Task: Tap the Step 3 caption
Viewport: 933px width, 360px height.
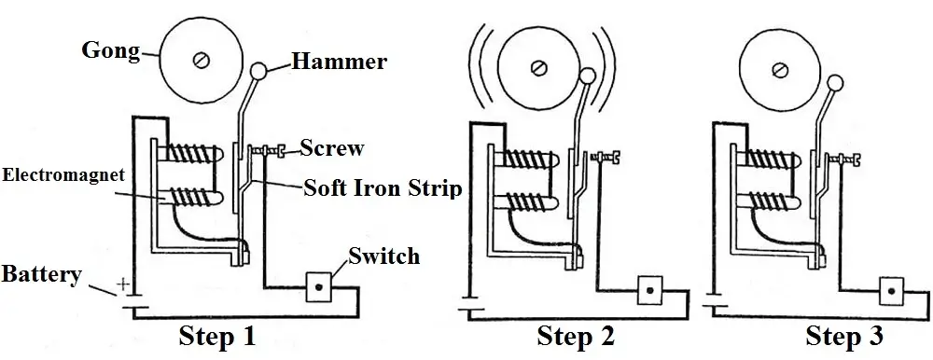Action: [844, 337]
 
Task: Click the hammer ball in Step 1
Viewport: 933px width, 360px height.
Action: [258, 71]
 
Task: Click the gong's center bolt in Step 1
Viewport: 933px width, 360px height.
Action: [198, 61]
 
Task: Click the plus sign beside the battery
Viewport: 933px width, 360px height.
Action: [123, 282]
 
